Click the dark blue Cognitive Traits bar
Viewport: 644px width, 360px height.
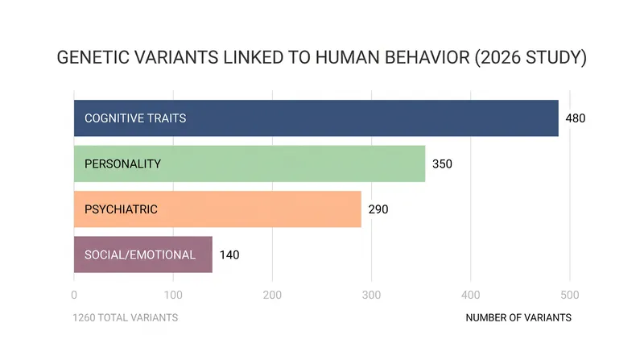(x=316, y=118)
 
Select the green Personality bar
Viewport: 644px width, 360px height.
(x=250, y=163)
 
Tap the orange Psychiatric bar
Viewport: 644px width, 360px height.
(x=217, y=209)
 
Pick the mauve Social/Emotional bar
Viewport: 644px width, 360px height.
(x=143, y=254)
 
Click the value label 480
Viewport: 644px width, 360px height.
(x=576, y=118)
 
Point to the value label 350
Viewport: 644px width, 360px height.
(x=442, y=164)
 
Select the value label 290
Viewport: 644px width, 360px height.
(x=378, y=209)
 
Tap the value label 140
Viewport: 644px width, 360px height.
(x=229, y=254)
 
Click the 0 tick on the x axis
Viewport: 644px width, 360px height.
(x=74, y=295)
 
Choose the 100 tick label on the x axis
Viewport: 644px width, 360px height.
(x=173, y=295)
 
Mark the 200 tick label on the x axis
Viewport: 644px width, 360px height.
(x=272, y=295)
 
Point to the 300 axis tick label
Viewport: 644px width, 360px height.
(x=371, y=295)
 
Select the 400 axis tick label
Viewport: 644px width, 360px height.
(x=471, y=295)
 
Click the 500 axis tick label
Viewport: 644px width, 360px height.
(x=570, y=295)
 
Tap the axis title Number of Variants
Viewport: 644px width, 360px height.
(x=518, y=317)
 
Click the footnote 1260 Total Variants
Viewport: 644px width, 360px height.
(x=126, y=317)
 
